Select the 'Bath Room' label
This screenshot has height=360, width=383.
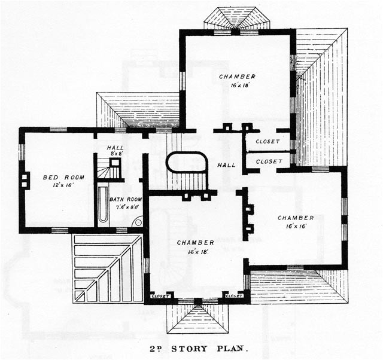tap(126, 199)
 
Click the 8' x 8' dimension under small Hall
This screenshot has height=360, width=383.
tap(115, 154)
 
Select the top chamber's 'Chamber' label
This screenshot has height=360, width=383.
tap(237, 77)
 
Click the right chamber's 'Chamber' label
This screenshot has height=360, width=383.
tap(296, 218)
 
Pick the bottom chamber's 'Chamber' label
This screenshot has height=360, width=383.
tap(196, 243)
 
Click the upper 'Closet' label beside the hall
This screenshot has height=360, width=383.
tap(268, 142)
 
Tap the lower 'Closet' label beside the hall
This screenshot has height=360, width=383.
tap(268, 161)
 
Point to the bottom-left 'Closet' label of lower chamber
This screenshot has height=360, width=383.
tap(160, 295)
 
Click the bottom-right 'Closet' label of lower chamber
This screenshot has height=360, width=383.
tap(233, 295)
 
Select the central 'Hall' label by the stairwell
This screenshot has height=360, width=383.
tap(226, 165)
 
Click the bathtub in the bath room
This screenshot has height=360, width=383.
tap(104, 204)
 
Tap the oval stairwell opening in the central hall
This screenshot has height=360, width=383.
tap(187, 163)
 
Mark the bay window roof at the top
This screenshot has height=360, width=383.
tap(236, 19)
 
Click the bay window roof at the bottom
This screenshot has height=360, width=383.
tap(195, 318)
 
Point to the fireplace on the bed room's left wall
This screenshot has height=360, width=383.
tap(25, 181)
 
